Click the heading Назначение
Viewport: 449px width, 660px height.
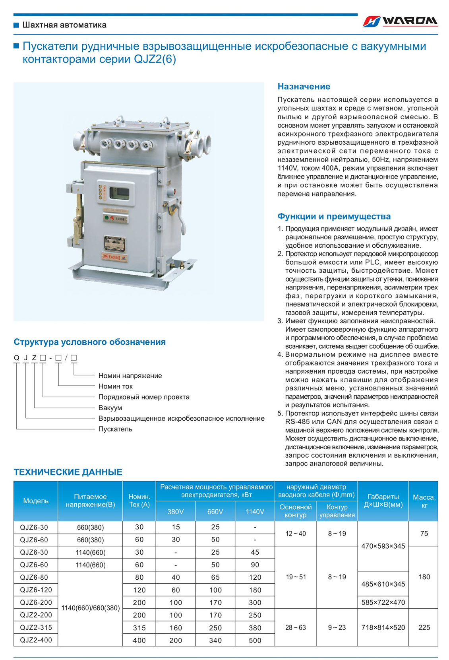(x=304, y=86)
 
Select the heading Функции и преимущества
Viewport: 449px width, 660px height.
(x=334, y=216)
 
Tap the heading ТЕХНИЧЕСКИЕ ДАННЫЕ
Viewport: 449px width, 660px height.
(x=68, y=472)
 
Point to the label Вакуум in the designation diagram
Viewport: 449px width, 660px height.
(x=110, y=408)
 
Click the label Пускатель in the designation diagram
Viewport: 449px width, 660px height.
(x=115, y=429)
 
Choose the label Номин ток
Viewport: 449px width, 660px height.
(x=116, y=386)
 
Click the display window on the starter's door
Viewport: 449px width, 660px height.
(x=119, y=194)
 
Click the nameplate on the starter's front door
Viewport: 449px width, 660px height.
(x=114, y=243)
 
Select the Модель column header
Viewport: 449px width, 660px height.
(x=36, y=501)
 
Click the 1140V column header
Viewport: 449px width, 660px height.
(x=255, y=512)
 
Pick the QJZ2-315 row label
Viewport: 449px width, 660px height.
(x=36, y=627)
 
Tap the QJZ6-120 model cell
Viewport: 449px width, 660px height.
(x=36, y=590)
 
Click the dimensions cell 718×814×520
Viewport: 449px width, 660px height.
(x=383, y=627)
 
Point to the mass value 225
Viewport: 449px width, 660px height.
(x=424, y=627)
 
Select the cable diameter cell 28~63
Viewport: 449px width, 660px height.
(x=296, y=627)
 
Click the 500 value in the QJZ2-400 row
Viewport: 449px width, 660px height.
(x=255, y=640)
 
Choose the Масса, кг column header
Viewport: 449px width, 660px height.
(x=424, y=501)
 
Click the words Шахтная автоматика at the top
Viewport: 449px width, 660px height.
(x=64, y=25)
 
